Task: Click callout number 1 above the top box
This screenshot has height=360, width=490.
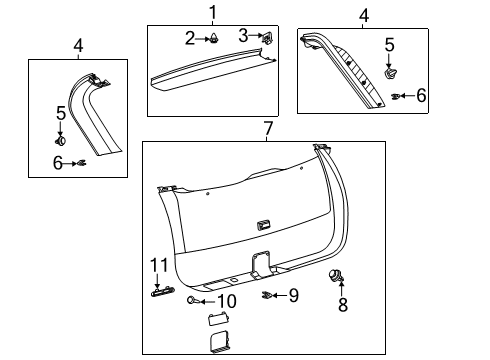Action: pyautogui.click(x=212, y=12)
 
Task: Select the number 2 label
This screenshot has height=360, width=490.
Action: pyautogui.click(x=189, y=38)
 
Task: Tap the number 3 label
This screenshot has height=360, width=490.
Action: pyautogui.click(x=243, y=37)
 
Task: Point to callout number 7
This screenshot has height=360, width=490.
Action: pyautogui.click(x=267, y=128)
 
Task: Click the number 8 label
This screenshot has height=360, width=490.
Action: pyautogui.click(x=343, y=305)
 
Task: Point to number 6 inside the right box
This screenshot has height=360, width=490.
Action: pyautogui.click(x=421, y=95)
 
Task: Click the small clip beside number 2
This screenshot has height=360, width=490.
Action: pyautogui.click(x=213, y=39)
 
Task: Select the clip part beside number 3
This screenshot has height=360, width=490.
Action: pyautogui.click(x=269, y=38)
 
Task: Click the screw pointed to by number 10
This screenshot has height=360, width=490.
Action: pyautogui.click(x=192, y=300)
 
